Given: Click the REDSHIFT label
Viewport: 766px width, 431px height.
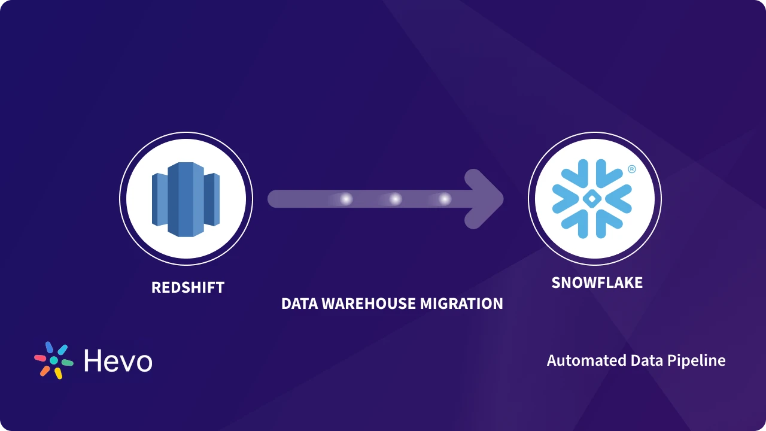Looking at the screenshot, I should [x=187, y=287].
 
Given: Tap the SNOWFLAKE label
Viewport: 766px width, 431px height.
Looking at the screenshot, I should [x=597, y=283].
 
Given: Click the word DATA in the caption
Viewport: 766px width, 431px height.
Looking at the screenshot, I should [x=299, y=303].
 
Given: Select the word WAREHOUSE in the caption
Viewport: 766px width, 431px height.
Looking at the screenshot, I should [x=368, y=303].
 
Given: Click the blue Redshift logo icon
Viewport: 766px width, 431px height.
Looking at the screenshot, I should [x=186, y=199].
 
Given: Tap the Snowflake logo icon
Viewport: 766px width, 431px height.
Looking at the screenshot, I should [x=591, y=198].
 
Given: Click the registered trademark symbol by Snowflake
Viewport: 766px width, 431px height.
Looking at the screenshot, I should [x=631, y=169].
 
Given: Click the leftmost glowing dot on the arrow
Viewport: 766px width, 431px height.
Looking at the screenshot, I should [x=346, y=199].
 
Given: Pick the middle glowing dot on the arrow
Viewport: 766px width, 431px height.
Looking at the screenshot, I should [x=395, y=199].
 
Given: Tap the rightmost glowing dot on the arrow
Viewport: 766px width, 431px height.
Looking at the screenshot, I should [x=444, y=199].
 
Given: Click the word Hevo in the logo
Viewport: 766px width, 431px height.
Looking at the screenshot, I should [x=118, y=361].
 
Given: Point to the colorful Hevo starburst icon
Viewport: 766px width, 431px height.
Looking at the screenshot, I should [x=53, y=360].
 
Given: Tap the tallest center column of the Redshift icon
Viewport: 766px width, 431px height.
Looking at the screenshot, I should [x=186, y=199].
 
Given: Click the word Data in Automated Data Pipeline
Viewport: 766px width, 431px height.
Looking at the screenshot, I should [x=645, y=360].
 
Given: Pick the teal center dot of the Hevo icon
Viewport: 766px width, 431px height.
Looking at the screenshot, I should [x=54, y=360].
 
